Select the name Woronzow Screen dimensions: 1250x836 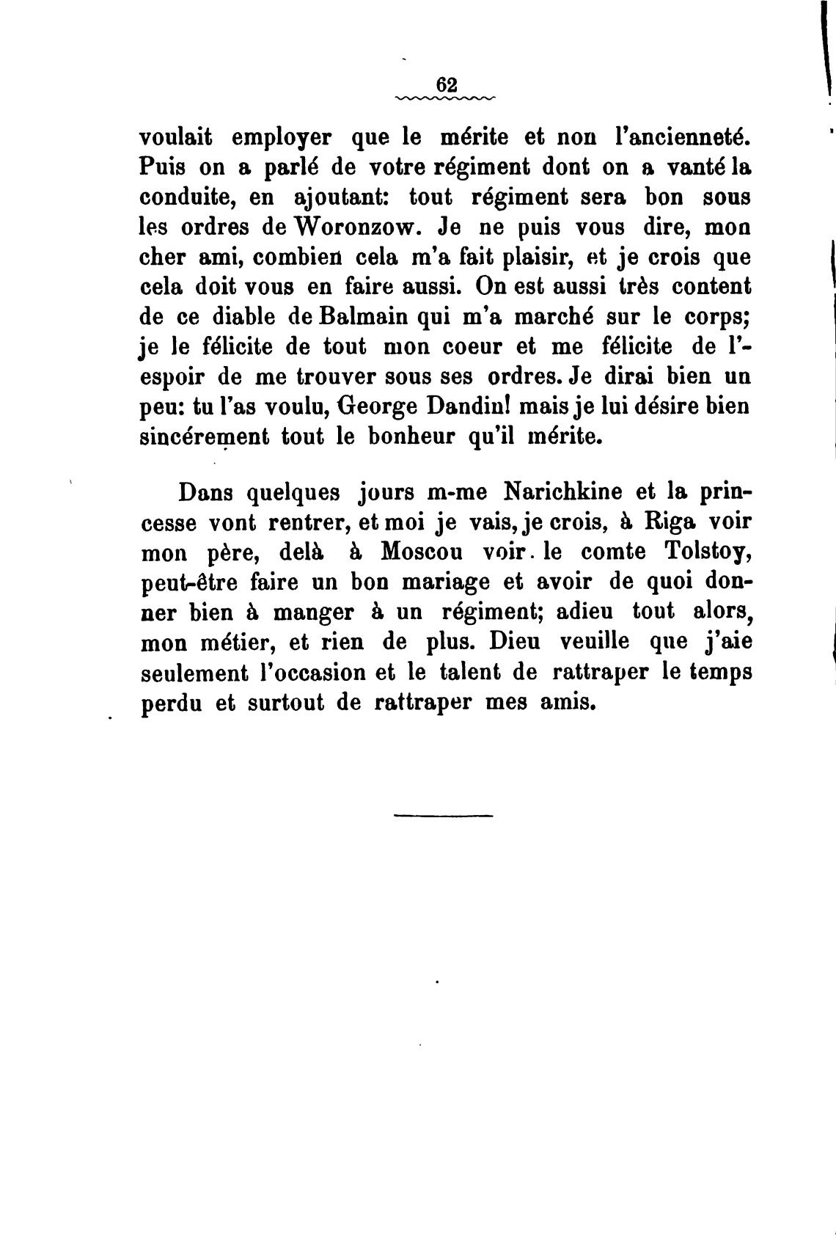355,227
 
